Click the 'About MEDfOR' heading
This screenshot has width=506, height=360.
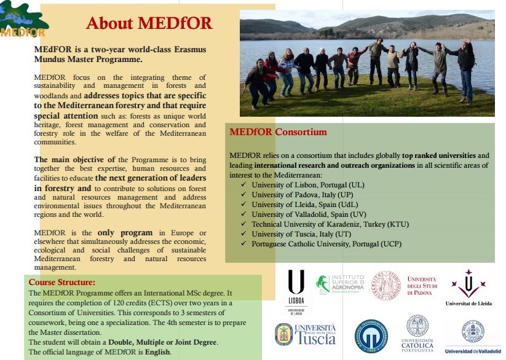[x=149, y=23]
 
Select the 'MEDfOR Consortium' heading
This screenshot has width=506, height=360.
[x=278, y=132]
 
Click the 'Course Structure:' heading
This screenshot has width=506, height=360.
[x=62, y=282]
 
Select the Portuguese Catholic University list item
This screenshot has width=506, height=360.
[x=326, y=244]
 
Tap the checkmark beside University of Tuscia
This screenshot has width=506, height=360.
[x=244, y=234]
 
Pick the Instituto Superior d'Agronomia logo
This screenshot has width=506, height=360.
[x=340, y=283]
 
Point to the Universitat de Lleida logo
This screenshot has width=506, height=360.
[x=468, y=288]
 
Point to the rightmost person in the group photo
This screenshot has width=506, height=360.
[x=465, y=71]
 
